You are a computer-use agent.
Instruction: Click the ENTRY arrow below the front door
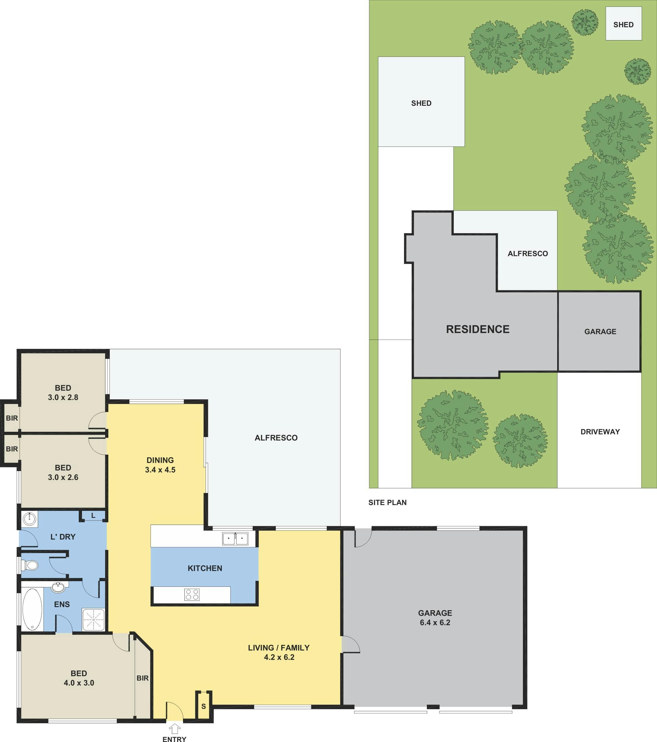pyautogui.click(x=175, y=728)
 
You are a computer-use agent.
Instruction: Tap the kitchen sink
pyautogui.click(x=235, y=539)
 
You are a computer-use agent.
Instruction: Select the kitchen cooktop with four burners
pyautogui.click(x=191, y=595)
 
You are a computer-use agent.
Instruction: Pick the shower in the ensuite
pyautogui.click(x=94, y=619)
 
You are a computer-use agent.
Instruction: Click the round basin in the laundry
pyautogui.click(x=29, y=519)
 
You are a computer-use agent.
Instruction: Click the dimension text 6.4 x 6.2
pyautogui.click(x=435, y=622)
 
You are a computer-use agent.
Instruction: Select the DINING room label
pyautogui.click(x=160, y=460)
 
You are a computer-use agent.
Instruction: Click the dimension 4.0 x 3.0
pyautogui.click(x=79, y=683)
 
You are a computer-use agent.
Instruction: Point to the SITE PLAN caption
pyautogui.click(x=387, y=502)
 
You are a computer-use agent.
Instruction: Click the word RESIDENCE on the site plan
pyautogui.click(x=478, y=329)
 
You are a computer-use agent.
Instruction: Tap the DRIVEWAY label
pyautogui.click(x=600, y=431)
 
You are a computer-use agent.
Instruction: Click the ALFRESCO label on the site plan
pyautogui.click(x=528, y=253)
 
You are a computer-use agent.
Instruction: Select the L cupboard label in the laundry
pyautogui.click(x=93, y=516)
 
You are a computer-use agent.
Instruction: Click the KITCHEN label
pyautogui.click(x=205, y=568)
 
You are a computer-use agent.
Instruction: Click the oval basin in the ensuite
pyautogui.click(x=58, y=587)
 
